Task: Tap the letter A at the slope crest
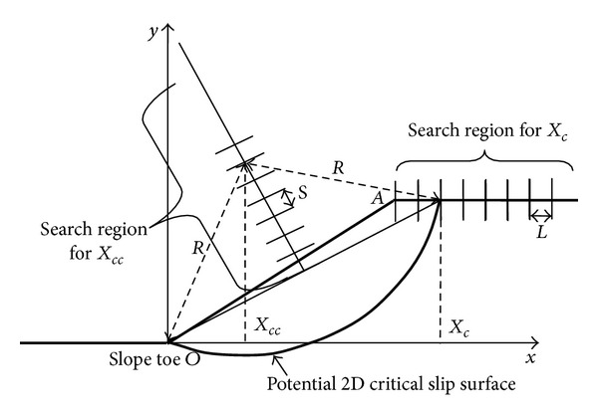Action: pyautogui.click(x=380, y=197)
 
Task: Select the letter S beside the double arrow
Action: pyautogui.click(x=304, y=195)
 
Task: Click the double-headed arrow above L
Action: pyautogui.click(x=541, y=214)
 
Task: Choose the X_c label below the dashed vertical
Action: pyautogui.click(x=460, y=325)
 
